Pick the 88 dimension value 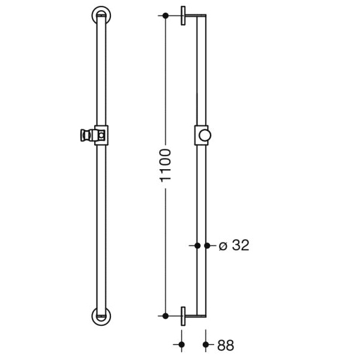[x=226, y=345]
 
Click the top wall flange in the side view [x=183, y=16]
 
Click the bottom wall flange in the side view [x=183, y=315]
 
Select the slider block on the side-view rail [x=200, y=136]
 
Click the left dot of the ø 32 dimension [x=197, y=245]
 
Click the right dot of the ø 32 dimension [x=207, y=245]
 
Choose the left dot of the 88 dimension [x=182, y=344]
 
